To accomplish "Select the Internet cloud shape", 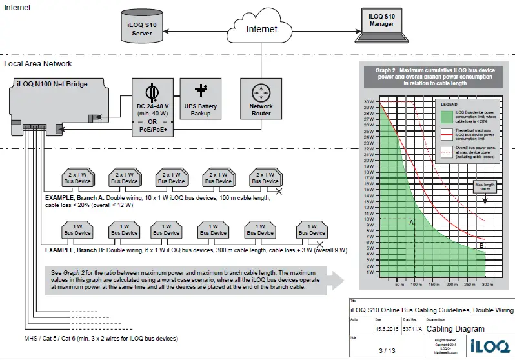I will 261,28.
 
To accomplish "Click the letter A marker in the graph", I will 411,221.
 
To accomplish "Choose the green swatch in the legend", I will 447,115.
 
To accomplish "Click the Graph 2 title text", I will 429,77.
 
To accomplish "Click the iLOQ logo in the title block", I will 483,344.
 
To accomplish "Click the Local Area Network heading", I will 38,64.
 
